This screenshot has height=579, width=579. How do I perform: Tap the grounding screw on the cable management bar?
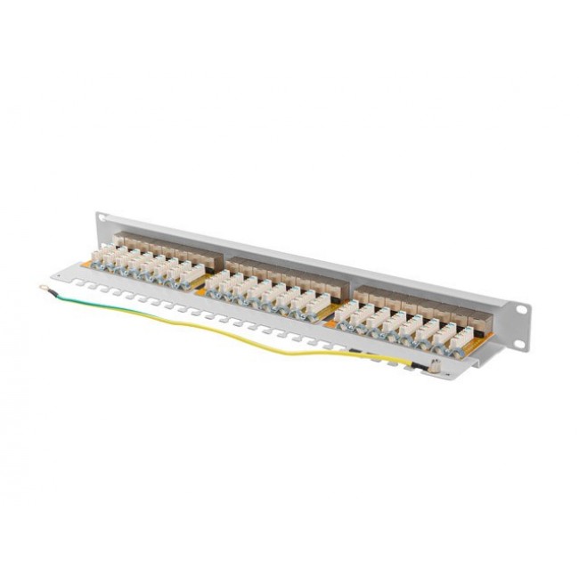pos(434,363)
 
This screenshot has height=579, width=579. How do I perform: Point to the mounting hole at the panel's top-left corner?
pos(101,216)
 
